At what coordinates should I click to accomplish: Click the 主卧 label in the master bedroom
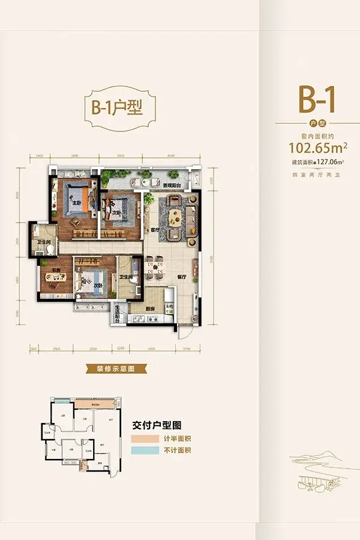[x=76, y=203]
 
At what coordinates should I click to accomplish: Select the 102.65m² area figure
[x=316, y=146]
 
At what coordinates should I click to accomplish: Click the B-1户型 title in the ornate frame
[x=119, y=110]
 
